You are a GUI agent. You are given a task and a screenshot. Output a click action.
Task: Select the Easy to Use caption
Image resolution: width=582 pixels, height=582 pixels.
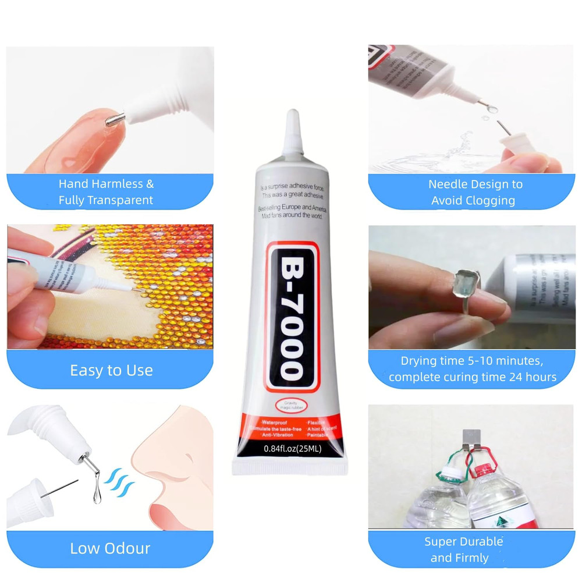click(111, 370)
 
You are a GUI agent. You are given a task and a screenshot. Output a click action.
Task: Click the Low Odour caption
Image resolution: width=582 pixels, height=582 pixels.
click(110, 548)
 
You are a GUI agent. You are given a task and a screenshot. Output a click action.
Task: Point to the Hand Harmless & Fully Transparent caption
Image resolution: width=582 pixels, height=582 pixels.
click(106, 192)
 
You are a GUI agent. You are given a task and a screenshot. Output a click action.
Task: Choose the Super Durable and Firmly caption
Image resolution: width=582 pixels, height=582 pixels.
click(463, 549)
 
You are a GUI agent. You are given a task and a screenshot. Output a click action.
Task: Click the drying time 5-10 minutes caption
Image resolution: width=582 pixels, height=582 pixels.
click(472, 369)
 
